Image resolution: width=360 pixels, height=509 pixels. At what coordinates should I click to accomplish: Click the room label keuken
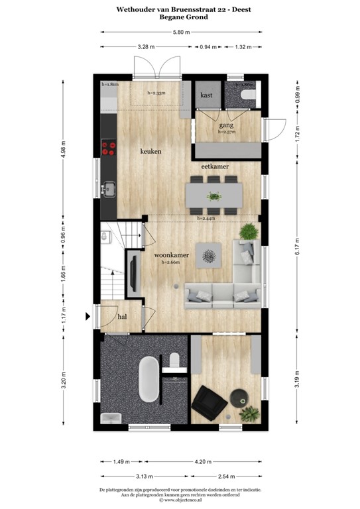click(151, 151)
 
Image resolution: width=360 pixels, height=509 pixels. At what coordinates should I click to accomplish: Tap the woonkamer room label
click(172, 254)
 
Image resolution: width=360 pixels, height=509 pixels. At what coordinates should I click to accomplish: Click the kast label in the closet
click(206, 95)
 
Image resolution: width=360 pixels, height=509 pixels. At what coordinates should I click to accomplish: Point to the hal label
click(123, 317)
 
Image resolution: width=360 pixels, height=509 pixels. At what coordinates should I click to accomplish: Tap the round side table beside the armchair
click(239, 397)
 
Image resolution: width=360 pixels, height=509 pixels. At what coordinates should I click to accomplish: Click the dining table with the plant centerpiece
click(213, 196)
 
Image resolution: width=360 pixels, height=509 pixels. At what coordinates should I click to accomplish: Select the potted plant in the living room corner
click(248, 231)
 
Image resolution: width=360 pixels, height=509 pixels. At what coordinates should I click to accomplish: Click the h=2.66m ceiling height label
click(172, 262)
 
